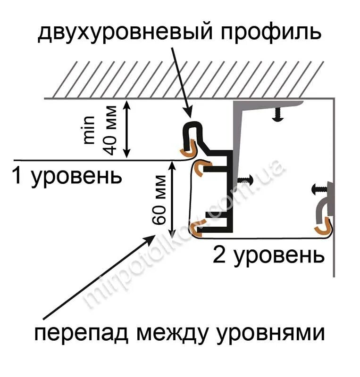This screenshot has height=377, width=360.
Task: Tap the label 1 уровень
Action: click(x=67, y=176)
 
